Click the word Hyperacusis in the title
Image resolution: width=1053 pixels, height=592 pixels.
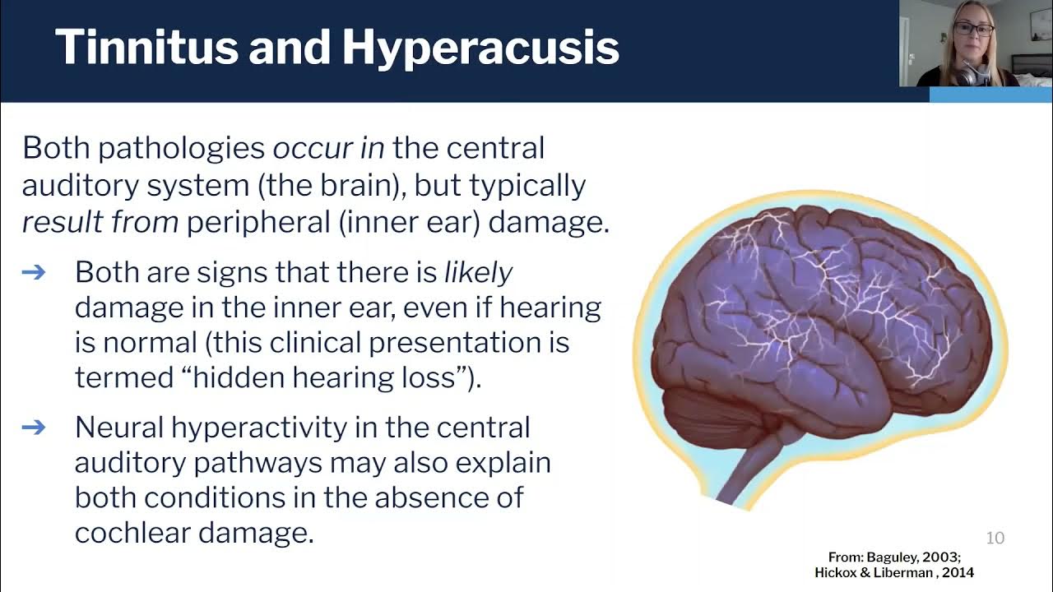pyautogui.click(x=480, y=49)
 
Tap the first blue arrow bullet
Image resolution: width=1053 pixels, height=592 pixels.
pyautogui.click(x=34, y=272)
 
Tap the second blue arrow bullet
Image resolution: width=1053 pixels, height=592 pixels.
pyautogui.click(x=34, y=427)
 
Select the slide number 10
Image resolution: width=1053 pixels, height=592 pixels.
pyautogui.click(x=995, y=538)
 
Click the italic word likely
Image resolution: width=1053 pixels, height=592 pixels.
pyautogui.click(x=478, y=272)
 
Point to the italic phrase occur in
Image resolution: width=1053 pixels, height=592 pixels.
pyautogui.click(x=328, y=148)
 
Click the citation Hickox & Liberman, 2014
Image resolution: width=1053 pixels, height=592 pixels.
pyautogui.click(x=895, y=572)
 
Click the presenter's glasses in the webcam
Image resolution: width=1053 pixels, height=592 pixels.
pyautogui.click(x=974, y=30)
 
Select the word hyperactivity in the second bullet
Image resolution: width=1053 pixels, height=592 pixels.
pyautogui.click(x=244, y=427)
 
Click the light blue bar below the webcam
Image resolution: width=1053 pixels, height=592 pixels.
pyautogui.click(x=990, y=94)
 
